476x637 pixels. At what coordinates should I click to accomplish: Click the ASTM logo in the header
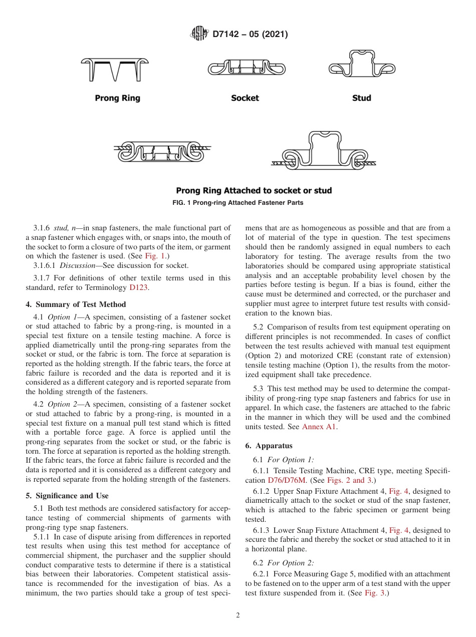click(x=200, y=35)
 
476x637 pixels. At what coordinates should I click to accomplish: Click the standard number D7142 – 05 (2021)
click(x=250, y=35)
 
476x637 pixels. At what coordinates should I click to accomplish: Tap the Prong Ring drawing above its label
click(x=115, y=69)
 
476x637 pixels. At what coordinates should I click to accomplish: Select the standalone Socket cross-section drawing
click(x=247, y=69)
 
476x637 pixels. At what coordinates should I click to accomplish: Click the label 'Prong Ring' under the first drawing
click(x=117, y=98)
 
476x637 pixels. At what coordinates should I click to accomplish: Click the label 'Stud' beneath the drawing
click(x=361, y=98)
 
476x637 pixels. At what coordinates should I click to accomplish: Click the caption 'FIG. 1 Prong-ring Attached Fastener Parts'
click(x=238, y=203)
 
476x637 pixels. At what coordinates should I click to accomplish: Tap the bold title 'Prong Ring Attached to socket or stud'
click(x=254, y=191)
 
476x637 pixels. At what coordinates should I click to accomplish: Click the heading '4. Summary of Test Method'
click(x=76, y=304)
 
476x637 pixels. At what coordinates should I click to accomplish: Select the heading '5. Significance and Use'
click(x=67, y=496)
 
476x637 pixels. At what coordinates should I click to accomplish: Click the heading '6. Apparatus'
click(x=269, y=446)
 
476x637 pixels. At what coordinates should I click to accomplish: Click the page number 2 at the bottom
click(x=238, y=615)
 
